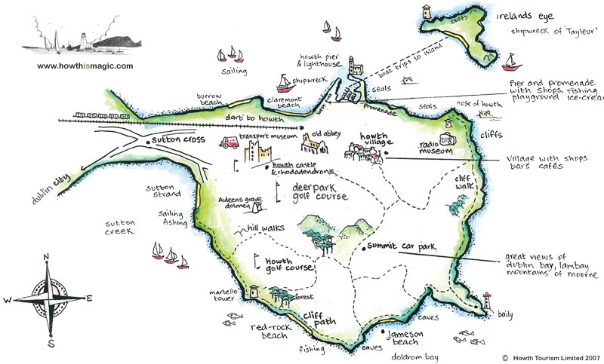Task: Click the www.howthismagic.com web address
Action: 85,66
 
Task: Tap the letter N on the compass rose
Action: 47,256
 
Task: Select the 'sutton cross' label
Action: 173,141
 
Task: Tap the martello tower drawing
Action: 254,291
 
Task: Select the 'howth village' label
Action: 369,139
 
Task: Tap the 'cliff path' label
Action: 319,320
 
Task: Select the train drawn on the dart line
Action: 99,117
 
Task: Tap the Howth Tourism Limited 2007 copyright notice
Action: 550,357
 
